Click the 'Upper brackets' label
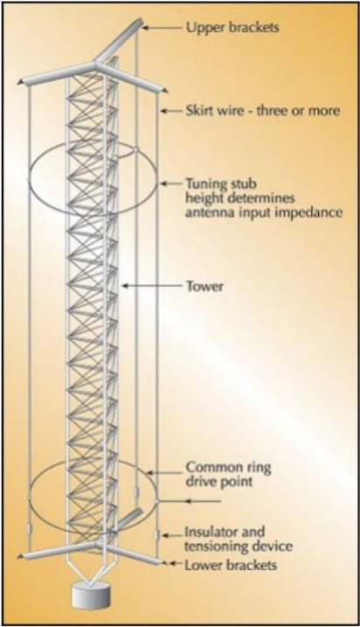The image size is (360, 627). click(x=232, y=28)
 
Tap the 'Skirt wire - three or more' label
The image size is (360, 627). click(x=263, y=110)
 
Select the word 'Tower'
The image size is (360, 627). click(x=205, y=286)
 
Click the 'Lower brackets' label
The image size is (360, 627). click(x=231, y=565)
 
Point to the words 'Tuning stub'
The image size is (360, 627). click(x=221, y=185)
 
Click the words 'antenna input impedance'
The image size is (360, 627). click(x=264, y=212)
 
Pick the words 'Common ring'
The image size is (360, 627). click(x=229, y=467)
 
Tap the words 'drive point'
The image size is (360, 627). click(x=219, y=481)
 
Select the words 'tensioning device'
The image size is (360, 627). click(x=239, y=546)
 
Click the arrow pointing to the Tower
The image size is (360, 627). click(x=152, y=285)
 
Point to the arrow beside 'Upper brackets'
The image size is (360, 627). click(x=163, y=28)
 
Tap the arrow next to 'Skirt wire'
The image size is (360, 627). click(x=171, y=111)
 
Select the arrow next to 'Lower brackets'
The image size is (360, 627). click(x=175, y=563)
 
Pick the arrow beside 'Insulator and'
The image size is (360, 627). click(x=172, y=535)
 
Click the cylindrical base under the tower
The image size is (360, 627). click(x=90, y=595)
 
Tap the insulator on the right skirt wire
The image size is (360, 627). click(x=157, y=534)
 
